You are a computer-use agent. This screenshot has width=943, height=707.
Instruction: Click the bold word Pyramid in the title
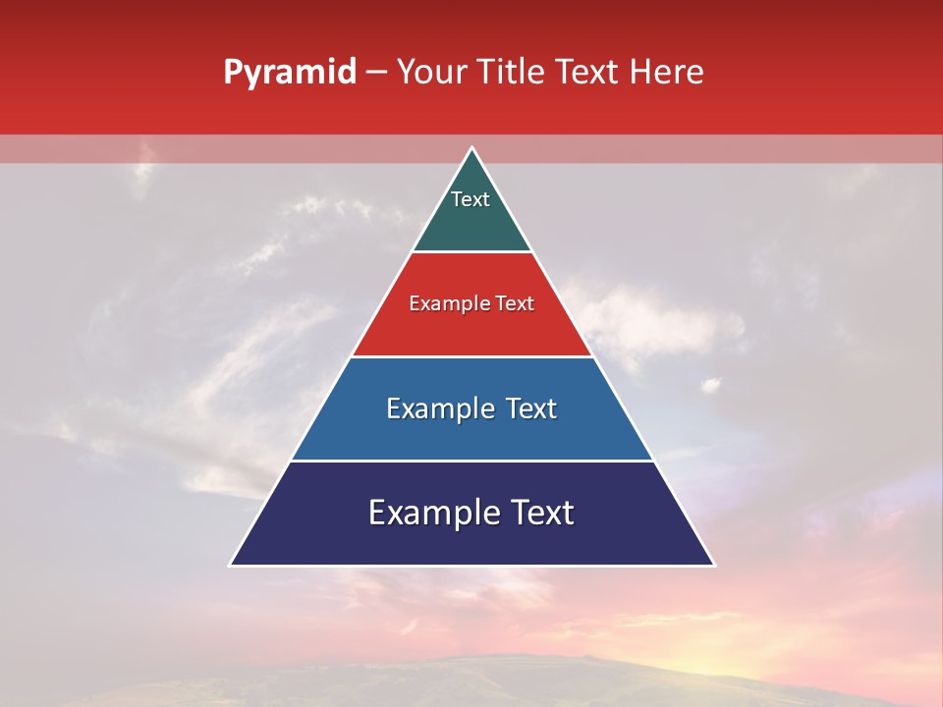(290, 73)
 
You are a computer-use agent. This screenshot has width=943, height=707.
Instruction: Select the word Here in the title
(666, 73)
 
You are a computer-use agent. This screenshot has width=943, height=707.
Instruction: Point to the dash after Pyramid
(376, 73)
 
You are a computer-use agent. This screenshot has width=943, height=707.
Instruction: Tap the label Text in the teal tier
(471, 199)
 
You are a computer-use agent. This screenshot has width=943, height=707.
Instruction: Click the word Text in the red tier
(515, 303)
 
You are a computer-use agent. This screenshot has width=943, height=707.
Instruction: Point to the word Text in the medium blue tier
(531, 408)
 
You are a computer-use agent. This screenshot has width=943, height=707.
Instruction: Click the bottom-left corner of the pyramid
(232, 565)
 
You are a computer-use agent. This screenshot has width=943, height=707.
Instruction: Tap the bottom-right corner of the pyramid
(713, 565)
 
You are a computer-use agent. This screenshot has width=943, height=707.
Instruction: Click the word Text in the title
(588, 73)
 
